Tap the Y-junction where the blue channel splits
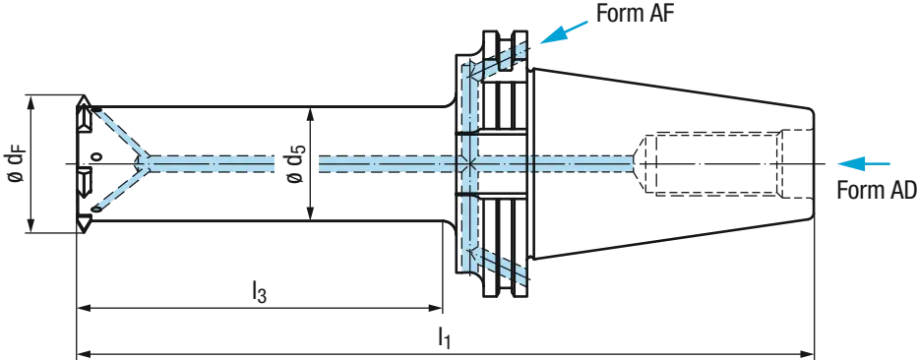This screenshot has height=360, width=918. (x=148, y=160)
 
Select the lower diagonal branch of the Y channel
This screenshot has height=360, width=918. (x=120, y=187)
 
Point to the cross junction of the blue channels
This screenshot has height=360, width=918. (x=470, y=161)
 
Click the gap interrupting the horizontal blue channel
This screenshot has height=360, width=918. (x=294, y=161)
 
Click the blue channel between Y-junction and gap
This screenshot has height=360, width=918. (x=212, y=161)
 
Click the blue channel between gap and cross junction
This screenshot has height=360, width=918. (x=384, y=161)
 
